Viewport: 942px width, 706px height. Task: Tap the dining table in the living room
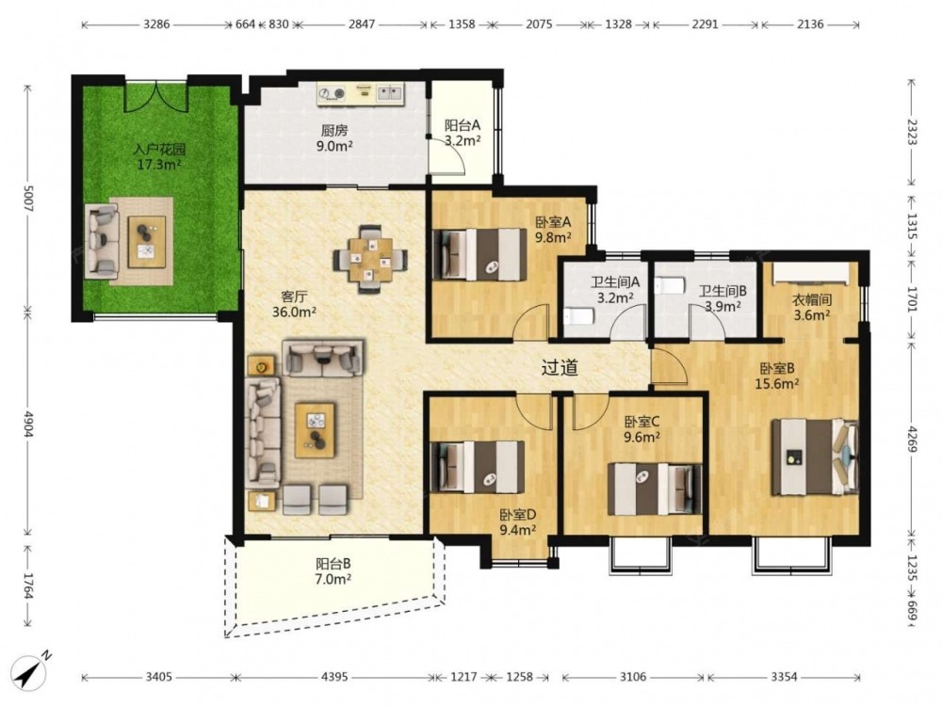pyautogui.click(x=370, y=260)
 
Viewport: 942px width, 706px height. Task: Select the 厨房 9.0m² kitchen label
pyautogui.click(x=334, y=137)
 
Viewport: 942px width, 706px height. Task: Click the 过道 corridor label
pyautogui.click(x=560, y=367)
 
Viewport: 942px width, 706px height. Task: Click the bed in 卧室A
pyautogui.click(x=479, y=254)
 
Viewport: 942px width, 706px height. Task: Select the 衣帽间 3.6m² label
pyautogui.click(x=812, y=307)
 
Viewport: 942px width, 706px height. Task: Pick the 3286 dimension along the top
pyautogui.click(x=156, y=24)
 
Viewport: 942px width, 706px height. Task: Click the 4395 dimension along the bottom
pyautogui.click(x=334, y=677)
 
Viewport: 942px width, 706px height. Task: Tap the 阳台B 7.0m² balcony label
pyautogui.click(x=333, y=571)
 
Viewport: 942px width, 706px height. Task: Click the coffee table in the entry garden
pyautogui.click(x=147, y=241)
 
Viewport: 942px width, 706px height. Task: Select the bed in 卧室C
pyautogui.click(x=655, y=489)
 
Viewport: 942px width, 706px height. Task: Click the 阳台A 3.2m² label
pyautogui.click(x=463, y=133)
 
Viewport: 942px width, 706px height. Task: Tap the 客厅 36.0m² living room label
pyautogui.click(x=294, y=304)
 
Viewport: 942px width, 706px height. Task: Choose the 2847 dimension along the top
pyautogui.click(x=362, y=24)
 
